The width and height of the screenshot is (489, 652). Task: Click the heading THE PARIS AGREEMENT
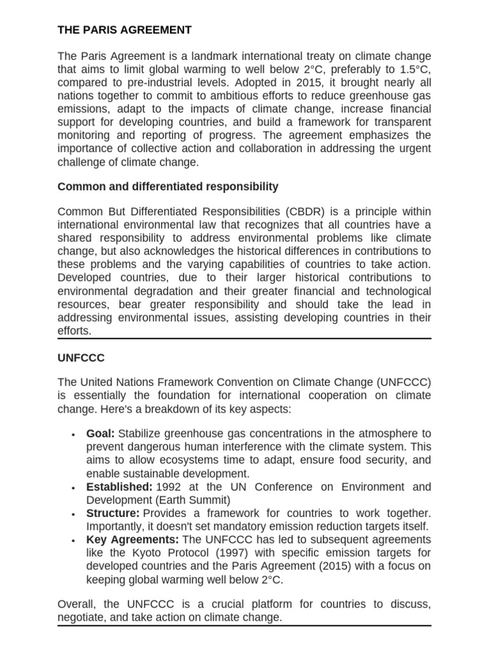[124, 30]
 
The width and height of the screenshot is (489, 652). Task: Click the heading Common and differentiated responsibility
[167, 187]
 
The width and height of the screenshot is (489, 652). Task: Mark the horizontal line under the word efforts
[244, 339]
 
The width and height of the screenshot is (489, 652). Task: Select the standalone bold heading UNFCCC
[81, 358]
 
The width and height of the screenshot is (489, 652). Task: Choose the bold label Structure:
[113, 513]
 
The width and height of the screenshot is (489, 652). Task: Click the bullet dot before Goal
[74, 435]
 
